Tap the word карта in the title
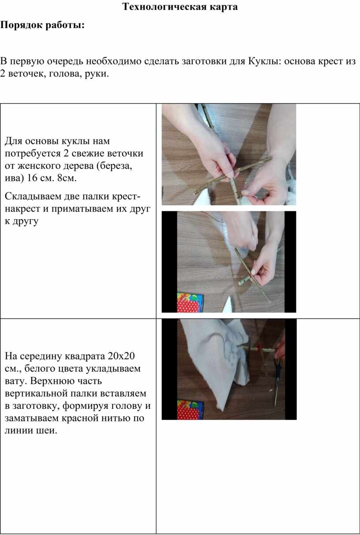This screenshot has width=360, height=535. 224,7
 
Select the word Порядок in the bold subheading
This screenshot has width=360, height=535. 21,25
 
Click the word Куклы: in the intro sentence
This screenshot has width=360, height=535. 265,61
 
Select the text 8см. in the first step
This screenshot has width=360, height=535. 67,178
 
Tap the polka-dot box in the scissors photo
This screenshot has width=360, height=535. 190,409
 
